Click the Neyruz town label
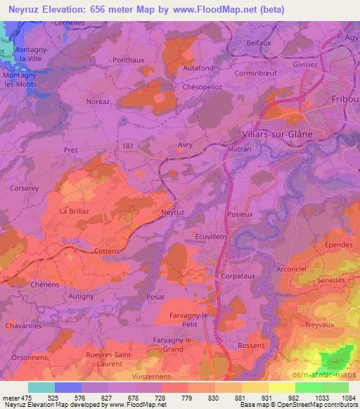point(172,211)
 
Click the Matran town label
point(240,149)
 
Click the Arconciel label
point(292,268)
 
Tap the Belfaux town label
point(260,43)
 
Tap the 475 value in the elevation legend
point(25,398)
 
